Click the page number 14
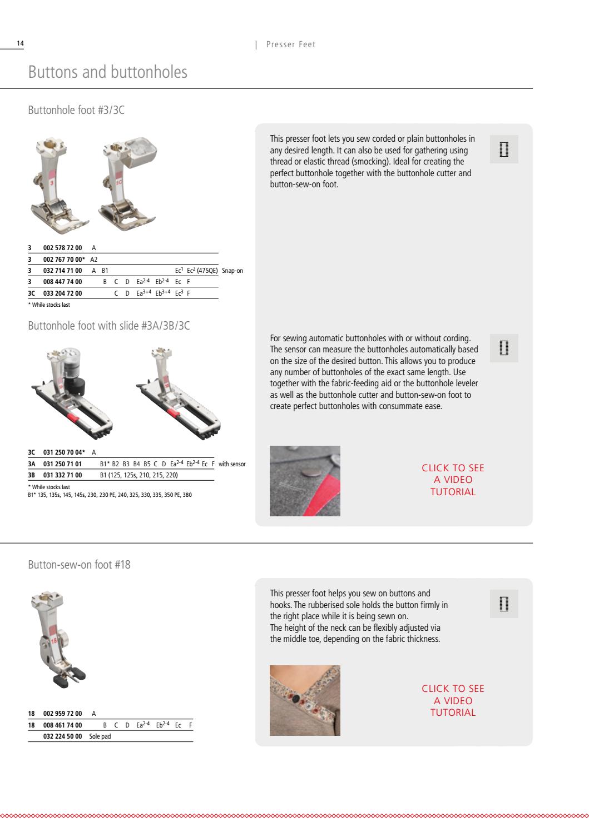point(20,43)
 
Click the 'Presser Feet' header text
point(290,44)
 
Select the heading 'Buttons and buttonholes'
point(107,72)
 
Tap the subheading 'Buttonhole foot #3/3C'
point(76,110)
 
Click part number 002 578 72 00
point(63,248)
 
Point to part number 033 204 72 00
point(63,293)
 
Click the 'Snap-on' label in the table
point(232,271)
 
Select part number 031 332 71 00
point(63,475)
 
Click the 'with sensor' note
point(232,464)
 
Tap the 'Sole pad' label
point(100,736)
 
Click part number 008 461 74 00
point(63,725)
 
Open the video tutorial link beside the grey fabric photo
point(453,480)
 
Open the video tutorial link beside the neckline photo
point(453,700)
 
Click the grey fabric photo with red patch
point(305,481)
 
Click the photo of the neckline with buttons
point(305,700)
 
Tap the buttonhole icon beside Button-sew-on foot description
point(503,604)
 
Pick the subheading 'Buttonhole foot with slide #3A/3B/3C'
point(109,326)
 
